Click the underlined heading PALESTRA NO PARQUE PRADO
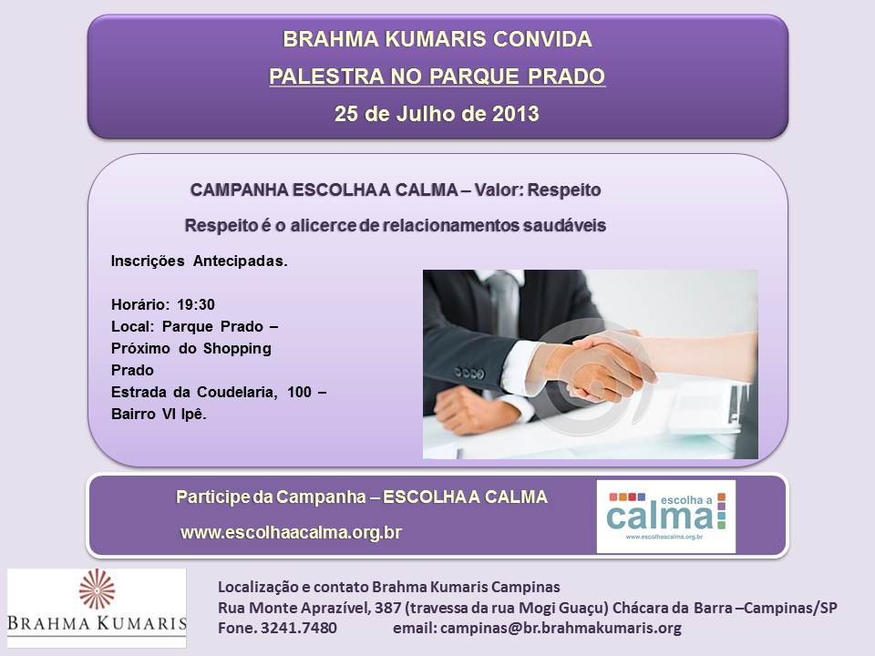pyautogui.click(x=437, y=77)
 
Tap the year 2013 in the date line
pyautogui.click(x=516, y=114)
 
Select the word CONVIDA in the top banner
pyautogui.click(x=542, y=39)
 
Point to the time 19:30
pyautogui.click(x=196, y=304)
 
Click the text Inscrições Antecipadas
pyautogui.click(x=200, y=261)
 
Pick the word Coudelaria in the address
pyautogui.click(x=237, y=392)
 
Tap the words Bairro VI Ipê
pyautogui.click(x=159, y=414)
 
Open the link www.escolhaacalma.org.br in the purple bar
pyautogui.click(x=292, y=532)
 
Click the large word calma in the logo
pyautogui.click(x=660, y=517)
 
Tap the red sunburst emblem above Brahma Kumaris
pyautogui.click(x=98, y=589)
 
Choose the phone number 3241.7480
pyautogui.click(x=299, y=628)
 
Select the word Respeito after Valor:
pyautogui.click(x=564, y=190)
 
